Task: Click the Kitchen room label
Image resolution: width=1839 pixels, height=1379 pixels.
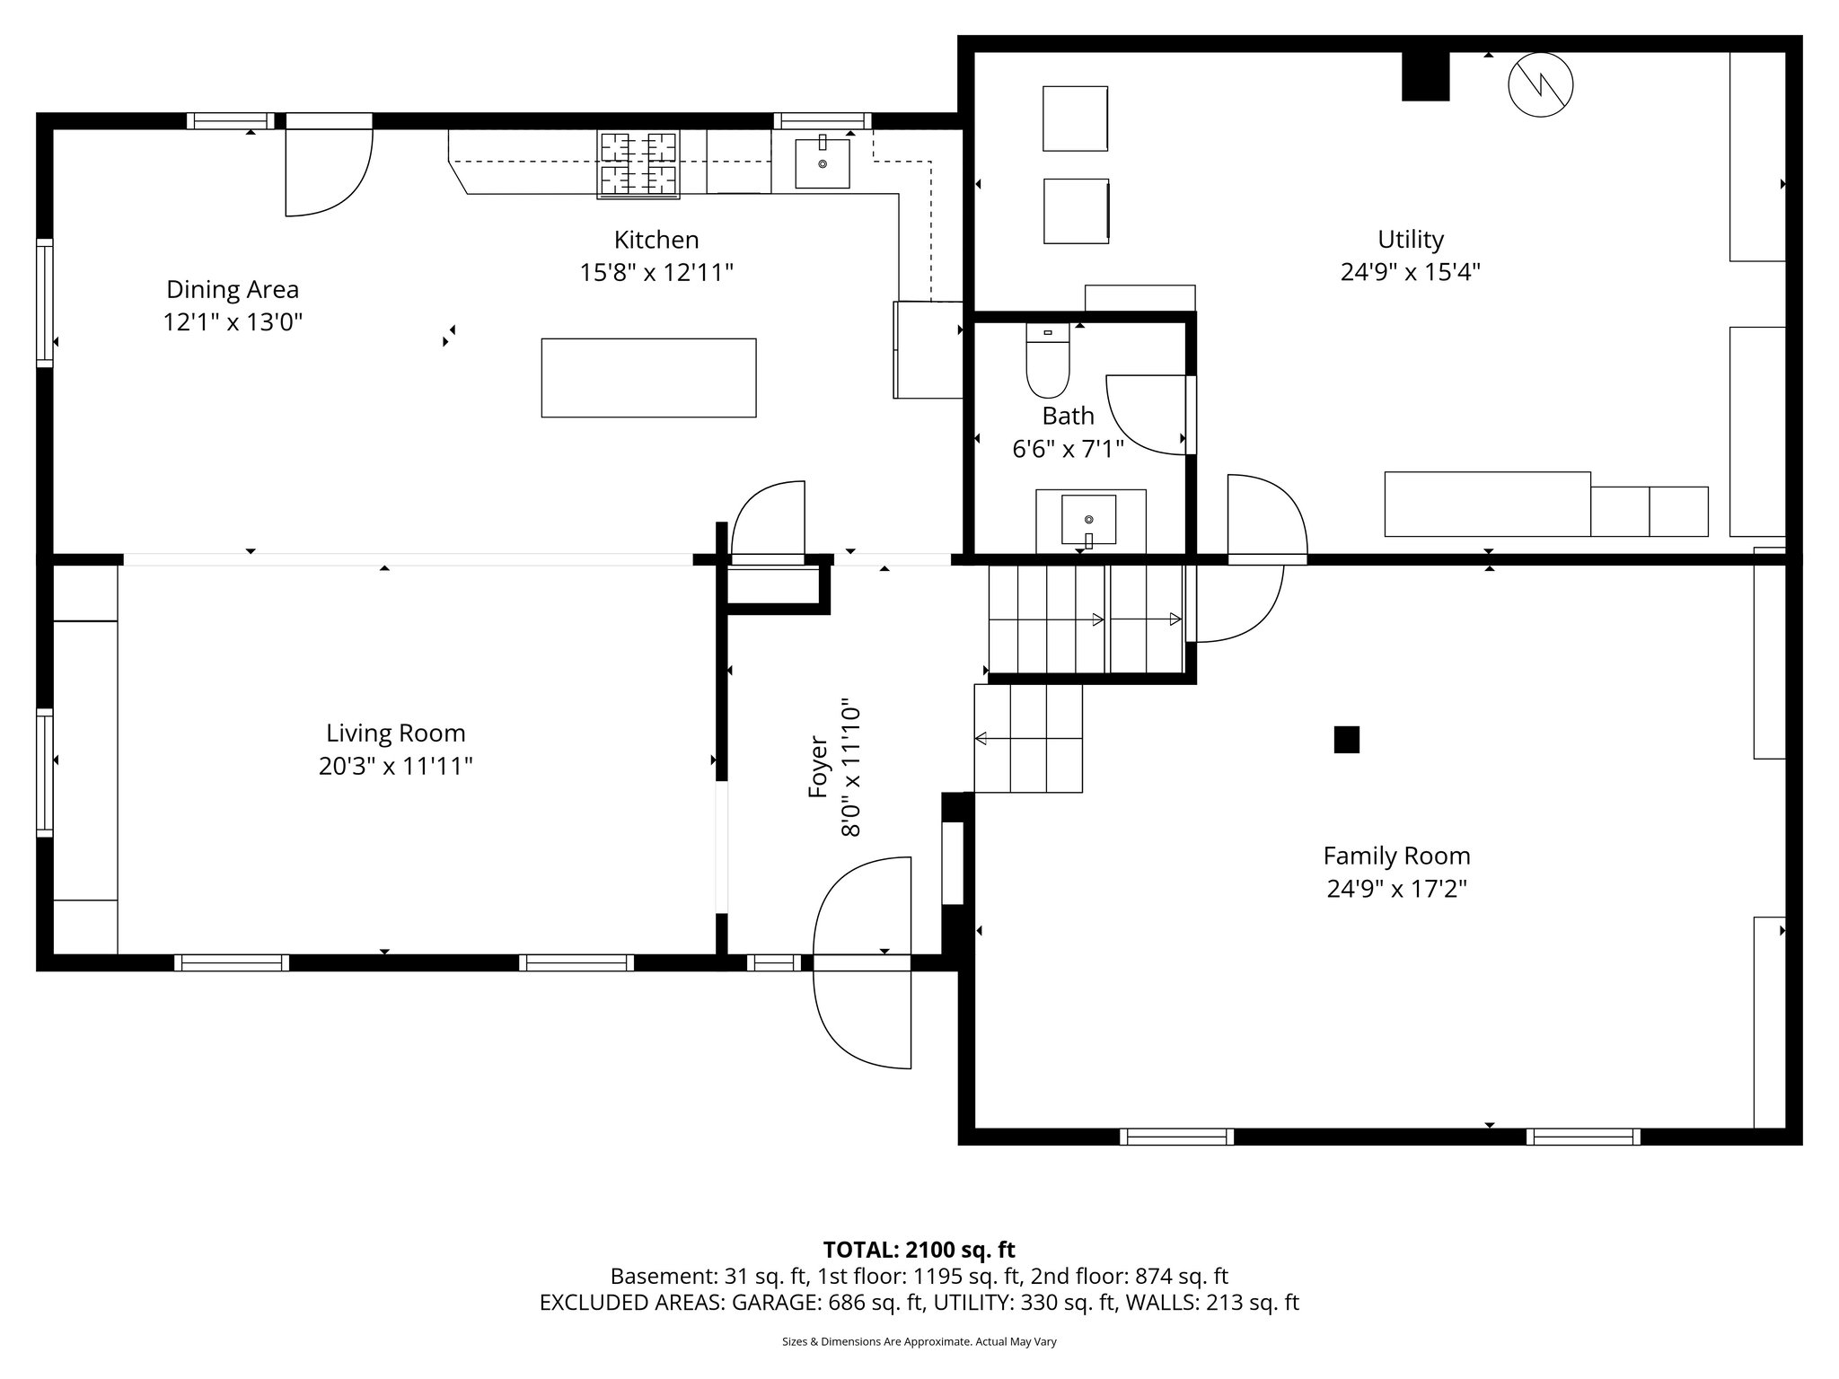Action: tap(656, 240)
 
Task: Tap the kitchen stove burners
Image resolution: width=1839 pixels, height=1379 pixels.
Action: tap(638, 163)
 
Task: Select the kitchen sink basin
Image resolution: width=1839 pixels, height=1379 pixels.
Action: tap(823, 163)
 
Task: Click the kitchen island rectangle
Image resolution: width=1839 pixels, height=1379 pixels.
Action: tap(648, 378)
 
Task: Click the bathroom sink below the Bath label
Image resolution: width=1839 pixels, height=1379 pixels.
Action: tap(1089, 520)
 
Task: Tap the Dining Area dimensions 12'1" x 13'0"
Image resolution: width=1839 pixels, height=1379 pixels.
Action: tap(233, 322)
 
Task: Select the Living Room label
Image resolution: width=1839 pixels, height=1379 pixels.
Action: tap(395, 733)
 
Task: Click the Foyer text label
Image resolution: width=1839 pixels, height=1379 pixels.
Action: tap(818, 767)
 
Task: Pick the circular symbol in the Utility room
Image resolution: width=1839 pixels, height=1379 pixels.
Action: tap(1541, 85)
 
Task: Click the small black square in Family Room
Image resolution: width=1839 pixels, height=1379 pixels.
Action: tap(1346, 740)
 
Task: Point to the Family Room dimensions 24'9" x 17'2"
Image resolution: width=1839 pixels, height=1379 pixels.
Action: tap(1397, 889)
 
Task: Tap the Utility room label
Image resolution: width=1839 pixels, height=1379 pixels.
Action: tap(1411, 240)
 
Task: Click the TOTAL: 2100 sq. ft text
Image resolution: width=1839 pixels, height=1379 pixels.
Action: tap(919, 1250)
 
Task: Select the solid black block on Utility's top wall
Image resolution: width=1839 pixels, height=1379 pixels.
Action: tap(1426, 75)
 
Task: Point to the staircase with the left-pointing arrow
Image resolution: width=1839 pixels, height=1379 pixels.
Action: tap(1028, 739)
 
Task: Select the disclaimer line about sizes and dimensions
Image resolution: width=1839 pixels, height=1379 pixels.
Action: tap(919, 1341)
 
